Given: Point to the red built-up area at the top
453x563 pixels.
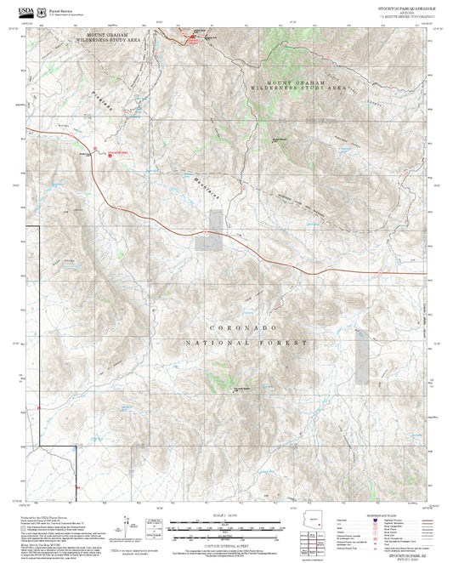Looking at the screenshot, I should point(194,37).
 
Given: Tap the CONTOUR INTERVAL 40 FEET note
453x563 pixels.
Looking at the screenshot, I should point(226,543).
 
